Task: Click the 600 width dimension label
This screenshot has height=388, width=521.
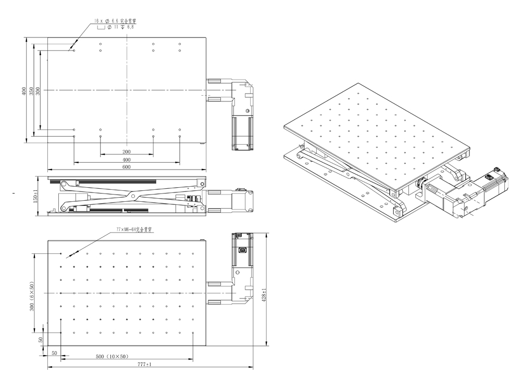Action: (x=126, y=167)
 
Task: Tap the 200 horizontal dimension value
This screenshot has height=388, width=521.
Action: (x=126, y=152)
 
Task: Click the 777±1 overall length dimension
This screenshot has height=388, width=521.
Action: (x=144, y=365)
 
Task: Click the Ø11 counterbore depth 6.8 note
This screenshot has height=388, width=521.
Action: (x=121, y=27)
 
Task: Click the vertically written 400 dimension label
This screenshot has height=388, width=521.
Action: (x=24, y=90)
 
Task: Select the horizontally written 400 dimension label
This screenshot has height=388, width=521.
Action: (x=126, y=160)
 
